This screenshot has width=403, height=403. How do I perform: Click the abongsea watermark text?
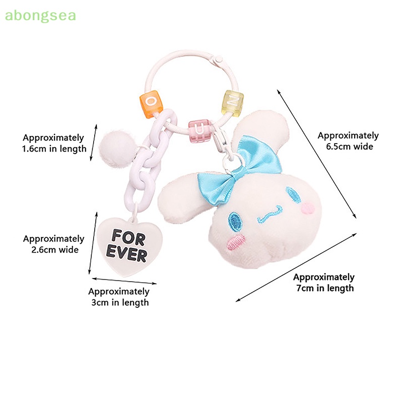(x=40, y=16)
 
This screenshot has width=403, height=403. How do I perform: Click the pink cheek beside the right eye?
(x=308, y=207)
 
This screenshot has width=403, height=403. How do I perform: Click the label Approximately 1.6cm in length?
(x=54, y=143)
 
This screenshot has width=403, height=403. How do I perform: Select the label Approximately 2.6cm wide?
(x=53, y=244)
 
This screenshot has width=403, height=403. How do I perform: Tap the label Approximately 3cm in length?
(x=119, y=297)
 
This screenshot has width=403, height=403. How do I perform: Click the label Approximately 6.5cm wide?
(x=348, y=141)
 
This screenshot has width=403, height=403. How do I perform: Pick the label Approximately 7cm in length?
(x=324, y=282)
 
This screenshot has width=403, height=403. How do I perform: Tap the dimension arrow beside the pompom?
(x=94, y=142)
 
